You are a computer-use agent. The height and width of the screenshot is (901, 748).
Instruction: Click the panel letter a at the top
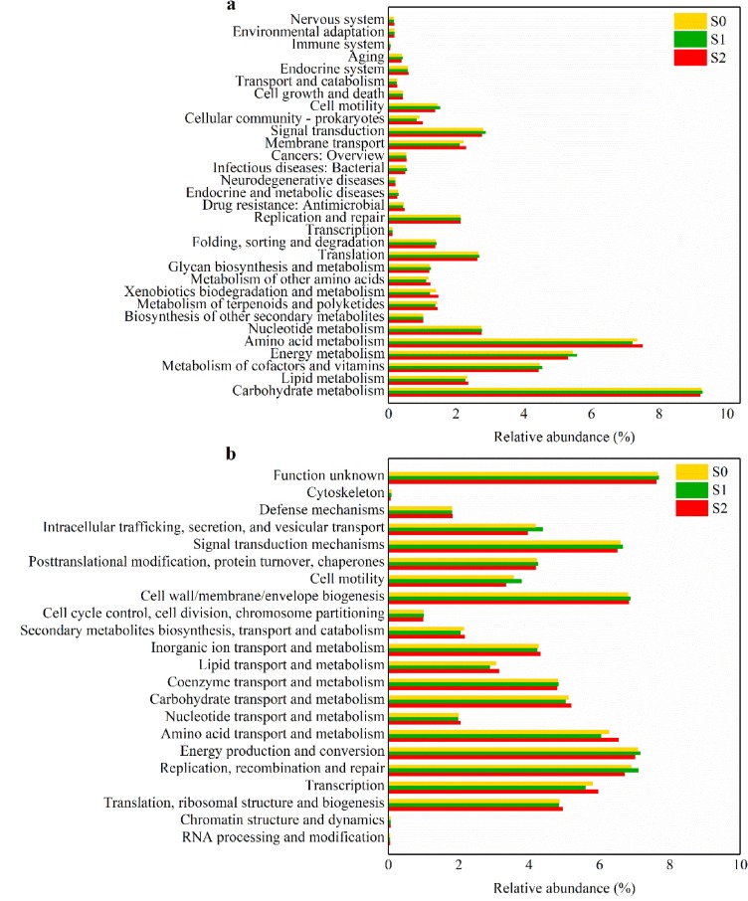231,6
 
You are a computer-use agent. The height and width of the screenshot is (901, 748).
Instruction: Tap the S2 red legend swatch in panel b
690,508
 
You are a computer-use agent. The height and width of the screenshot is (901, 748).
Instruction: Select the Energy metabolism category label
326,354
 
